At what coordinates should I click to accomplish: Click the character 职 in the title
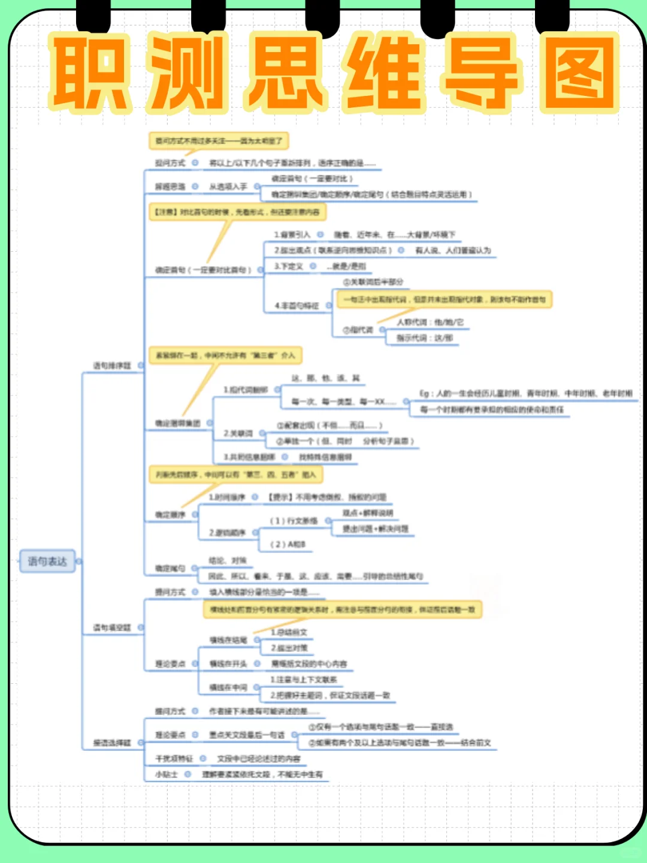(90, 73)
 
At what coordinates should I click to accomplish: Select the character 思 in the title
(286, 73)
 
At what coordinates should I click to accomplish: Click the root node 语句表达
(47, 562)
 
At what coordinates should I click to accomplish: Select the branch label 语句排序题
(112, 366)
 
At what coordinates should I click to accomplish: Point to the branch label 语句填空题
(112, 627)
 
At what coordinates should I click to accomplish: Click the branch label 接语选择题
(112, 743)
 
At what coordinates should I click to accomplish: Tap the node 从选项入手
(228, 187)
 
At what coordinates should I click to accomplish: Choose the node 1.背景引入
(292, 235)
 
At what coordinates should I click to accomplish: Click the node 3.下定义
(289, 266)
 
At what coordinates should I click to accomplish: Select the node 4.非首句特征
(297, 306)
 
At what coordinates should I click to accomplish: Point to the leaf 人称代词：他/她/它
(430, 322)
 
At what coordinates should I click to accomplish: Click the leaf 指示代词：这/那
(425, 338)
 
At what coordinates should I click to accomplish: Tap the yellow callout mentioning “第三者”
(225, 355)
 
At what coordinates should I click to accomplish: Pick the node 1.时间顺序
(227, 497)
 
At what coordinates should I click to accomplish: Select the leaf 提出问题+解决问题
(376, 529)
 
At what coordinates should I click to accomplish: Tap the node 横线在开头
(228, 664)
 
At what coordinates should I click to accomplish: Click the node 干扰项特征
(174, 759)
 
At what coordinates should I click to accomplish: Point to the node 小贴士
(167, 774)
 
